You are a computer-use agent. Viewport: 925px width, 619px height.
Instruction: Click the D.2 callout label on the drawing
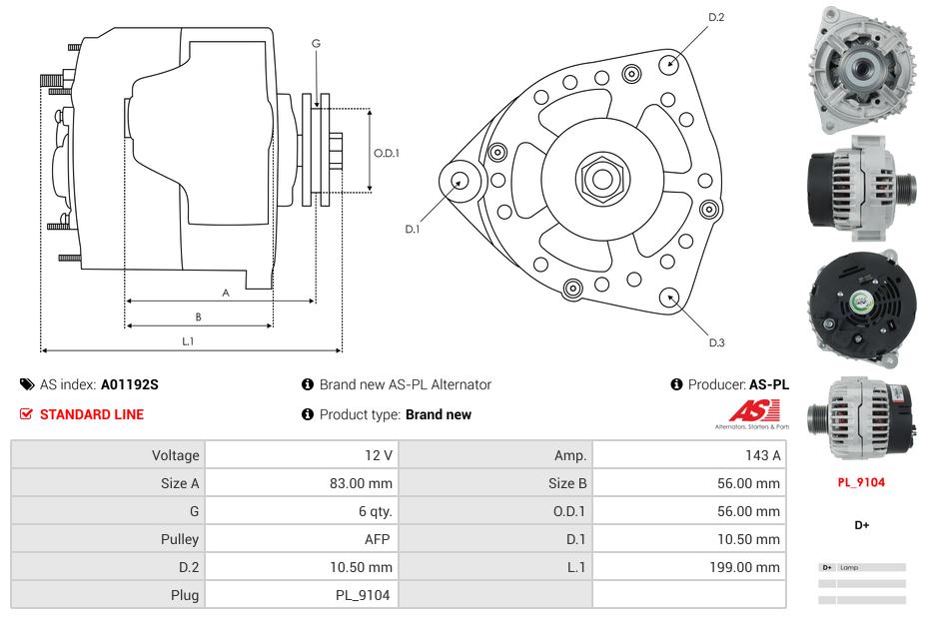tap(716, 17)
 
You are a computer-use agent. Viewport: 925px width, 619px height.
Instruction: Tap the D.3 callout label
tap(716, 342)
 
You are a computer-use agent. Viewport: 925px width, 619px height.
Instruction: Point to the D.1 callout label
tap(412, 229)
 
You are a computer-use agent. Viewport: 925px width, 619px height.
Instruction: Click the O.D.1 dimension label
tap(387, 153)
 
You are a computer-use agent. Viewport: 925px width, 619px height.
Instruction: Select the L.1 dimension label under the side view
tap(188, 341)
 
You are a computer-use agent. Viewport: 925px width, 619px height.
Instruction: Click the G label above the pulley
tap(316, 43)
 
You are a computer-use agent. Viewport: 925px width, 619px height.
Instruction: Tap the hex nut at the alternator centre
tap(602, 179)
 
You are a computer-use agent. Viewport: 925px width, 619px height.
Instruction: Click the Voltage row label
tap(175, 455)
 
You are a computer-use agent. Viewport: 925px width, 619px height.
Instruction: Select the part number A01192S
tap(130, 384)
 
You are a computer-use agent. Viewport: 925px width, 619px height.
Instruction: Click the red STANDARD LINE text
tap(92, 414)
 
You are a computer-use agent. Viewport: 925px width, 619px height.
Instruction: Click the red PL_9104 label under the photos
tap(861, 482)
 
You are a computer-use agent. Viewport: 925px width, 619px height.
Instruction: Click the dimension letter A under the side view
tap(226, 293)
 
